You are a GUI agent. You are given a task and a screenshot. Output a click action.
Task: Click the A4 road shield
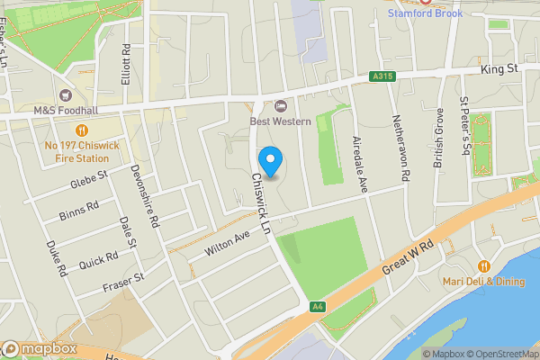317,307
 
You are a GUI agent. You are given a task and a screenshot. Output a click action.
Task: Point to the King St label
501,67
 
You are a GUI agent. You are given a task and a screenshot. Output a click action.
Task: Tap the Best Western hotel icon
280,106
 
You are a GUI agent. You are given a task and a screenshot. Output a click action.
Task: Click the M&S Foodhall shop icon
65,95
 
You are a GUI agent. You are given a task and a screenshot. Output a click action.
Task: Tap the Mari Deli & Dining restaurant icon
484,266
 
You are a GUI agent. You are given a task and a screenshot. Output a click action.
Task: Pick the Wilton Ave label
227,241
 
